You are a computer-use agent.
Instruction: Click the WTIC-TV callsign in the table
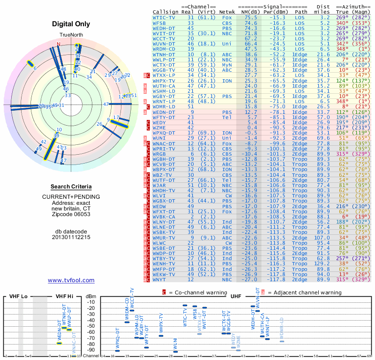point(164,17)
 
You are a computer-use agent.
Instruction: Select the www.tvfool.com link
point(71,280)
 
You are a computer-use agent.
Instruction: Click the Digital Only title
point(71,24)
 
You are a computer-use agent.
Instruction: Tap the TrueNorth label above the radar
point(71,36)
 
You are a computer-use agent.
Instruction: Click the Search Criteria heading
point(71,187)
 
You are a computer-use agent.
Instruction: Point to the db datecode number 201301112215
point(71,237)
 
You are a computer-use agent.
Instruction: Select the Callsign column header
point(164,12)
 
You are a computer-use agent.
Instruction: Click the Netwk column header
point(227,12)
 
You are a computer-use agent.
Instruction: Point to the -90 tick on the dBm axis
point(91,350)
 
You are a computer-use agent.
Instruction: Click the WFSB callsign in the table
point(159,22)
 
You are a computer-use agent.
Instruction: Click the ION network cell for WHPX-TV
point(227,81)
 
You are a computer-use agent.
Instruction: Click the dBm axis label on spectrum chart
point(91,297)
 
